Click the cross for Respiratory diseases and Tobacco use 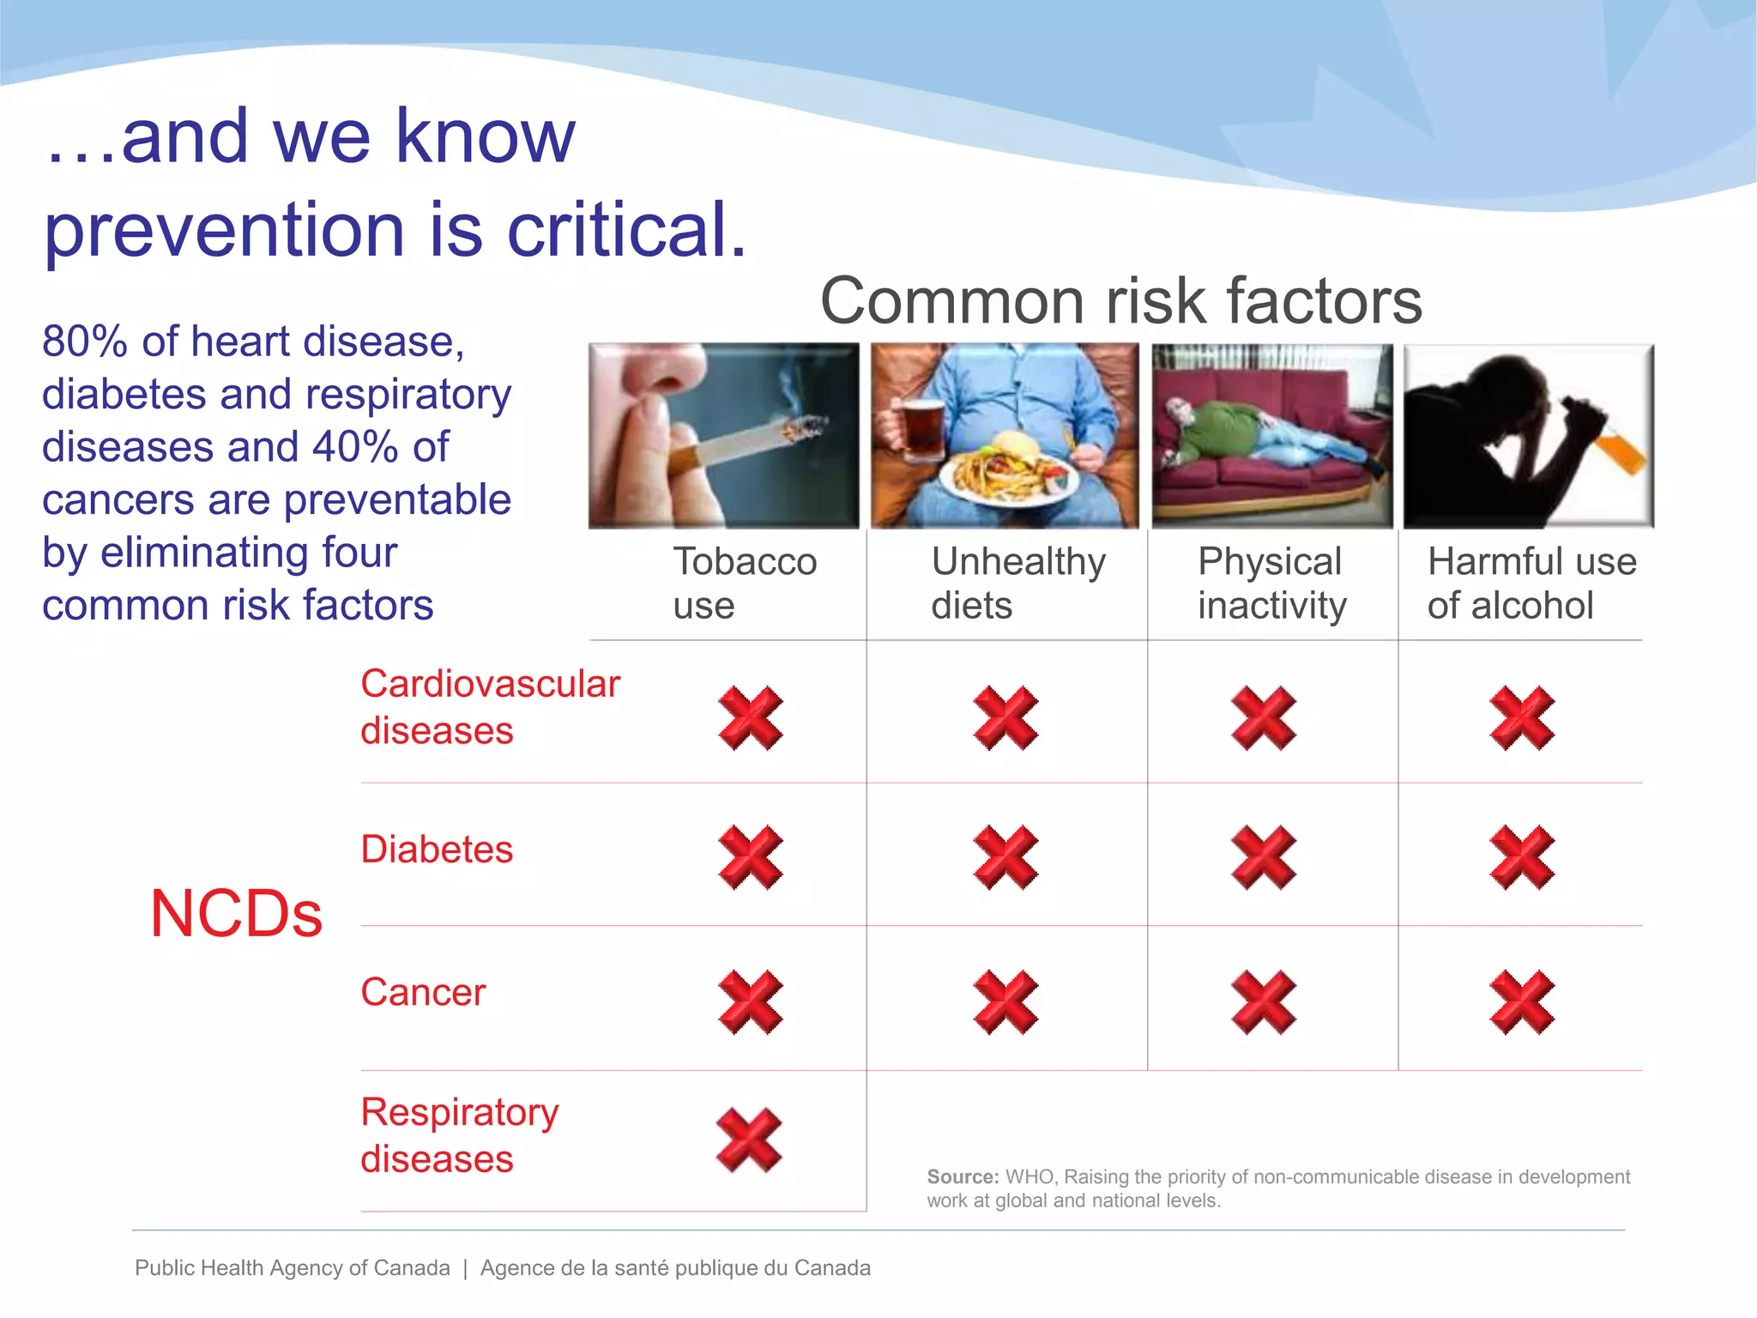[749, 1140]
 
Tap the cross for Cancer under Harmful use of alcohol [1522, 1002]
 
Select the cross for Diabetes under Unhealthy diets [1005, 858]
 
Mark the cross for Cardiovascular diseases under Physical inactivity [1263, 717]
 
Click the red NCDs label [236, 914]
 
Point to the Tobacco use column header [744, 583]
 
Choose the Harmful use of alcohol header [1531, 583]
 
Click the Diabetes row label [437, 849]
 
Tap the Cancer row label [423, 993]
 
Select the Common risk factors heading [1120, 301]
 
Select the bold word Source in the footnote [962, 1177]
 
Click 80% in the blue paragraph [84, 342]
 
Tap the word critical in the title [626, 230]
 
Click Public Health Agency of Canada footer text [292, 1268]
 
